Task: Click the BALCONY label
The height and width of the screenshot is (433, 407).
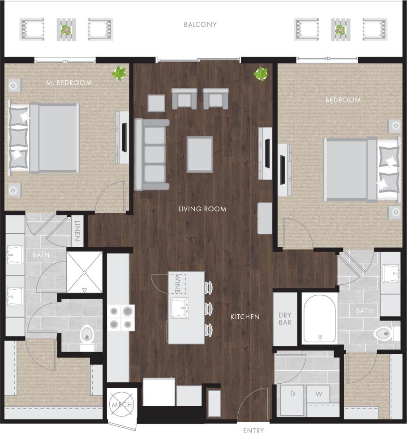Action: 200,25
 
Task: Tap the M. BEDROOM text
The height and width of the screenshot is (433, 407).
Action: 69,83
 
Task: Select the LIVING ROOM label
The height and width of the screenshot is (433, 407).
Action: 202,209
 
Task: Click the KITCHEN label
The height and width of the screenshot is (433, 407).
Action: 245,317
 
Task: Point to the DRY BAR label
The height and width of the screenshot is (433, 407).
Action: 285,318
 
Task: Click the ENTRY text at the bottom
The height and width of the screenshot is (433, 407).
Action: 253,430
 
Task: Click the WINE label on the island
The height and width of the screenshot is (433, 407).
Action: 177,283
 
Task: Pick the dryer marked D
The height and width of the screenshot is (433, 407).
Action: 292,394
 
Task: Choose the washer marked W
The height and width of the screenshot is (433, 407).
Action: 318,394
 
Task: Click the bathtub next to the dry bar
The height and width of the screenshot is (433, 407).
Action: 320,318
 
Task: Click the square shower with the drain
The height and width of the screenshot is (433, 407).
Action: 84,272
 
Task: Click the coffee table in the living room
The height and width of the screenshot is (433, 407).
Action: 200,154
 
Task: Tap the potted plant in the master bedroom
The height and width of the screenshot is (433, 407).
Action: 119,73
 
